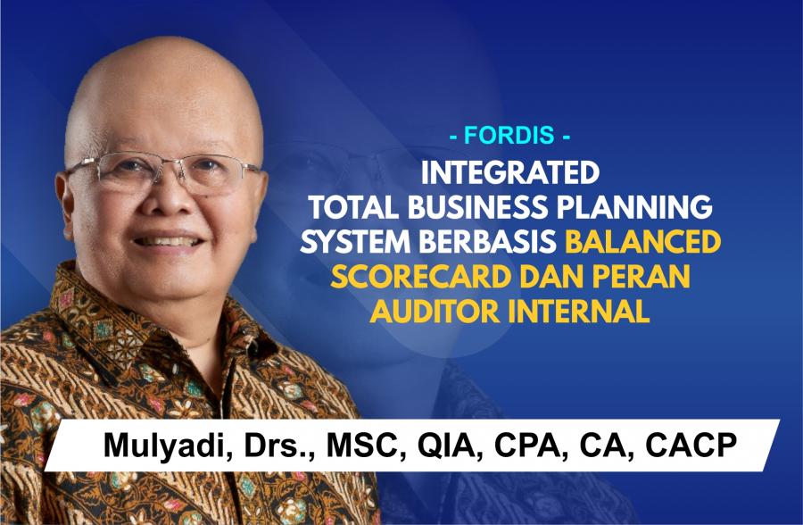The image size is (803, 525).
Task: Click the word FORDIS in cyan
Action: [x=509, y=136]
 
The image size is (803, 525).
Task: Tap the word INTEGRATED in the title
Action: [x=510, y=173]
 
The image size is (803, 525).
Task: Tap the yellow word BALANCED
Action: [x=642, y=242]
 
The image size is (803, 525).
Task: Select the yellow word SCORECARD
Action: [x=421, y=277]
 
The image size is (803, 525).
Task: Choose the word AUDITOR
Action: [x=435, y=312]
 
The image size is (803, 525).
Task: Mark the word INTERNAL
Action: [x=579, y=312]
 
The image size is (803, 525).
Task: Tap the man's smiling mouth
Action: [x=168, y=240]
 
